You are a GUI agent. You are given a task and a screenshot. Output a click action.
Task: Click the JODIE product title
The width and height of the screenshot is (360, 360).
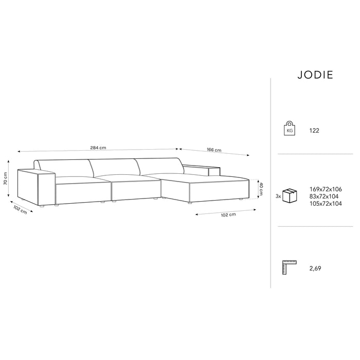315,75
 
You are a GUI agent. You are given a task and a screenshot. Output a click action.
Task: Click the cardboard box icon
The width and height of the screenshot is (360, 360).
291,195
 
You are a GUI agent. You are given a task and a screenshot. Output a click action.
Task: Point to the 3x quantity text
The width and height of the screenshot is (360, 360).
279,196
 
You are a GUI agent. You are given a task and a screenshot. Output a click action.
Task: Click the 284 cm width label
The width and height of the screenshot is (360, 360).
98,148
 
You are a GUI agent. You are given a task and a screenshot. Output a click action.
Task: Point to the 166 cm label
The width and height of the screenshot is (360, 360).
214,150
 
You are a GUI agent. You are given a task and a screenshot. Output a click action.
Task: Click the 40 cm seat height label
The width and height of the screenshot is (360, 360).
261,189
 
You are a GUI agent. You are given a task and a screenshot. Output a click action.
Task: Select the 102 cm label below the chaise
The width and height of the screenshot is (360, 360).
228,214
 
